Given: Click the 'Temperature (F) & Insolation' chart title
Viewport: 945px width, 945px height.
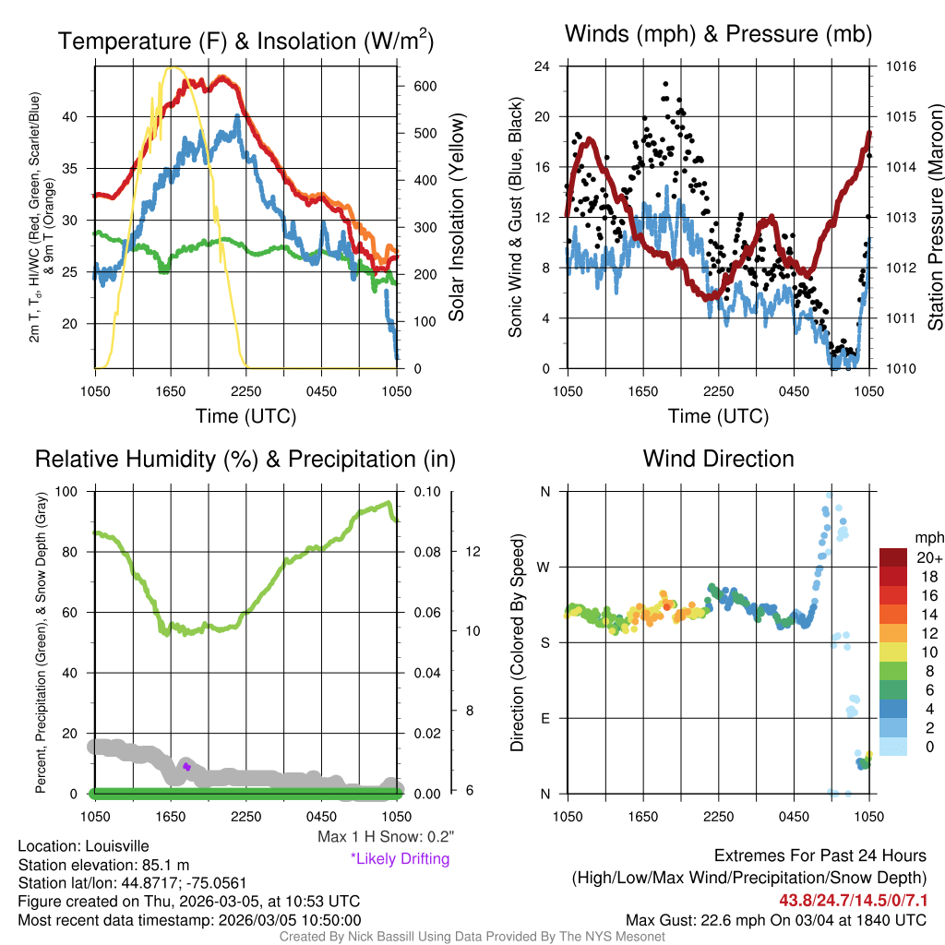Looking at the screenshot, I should coord(245,42).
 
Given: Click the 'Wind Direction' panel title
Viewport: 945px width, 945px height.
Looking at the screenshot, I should coord(718,459).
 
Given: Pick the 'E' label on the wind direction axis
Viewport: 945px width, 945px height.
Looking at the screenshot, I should coord(544,718).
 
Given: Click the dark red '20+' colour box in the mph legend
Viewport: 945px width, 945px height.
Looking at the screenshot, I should coord(894,557).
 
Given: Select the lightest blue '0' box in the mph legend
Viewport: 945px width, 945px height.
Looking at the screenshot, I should coord(894,746).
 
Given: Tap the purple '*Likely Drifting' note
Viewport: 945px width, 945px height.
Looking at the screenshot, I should coord(400,858).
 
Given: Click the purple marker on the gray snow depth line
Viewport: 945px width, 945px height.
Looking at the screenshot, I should coord(186,767).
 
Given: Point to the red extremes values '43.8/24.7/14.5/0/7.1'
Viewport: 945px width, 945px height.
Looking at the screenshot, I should coord(852,899).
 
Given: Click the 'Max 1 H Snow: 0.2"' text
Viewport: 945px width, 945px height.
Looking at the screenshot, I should coord(385,837).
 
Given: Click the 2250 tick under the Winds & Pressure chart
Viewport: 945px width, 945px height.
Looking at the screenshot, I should coord(718,391).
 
